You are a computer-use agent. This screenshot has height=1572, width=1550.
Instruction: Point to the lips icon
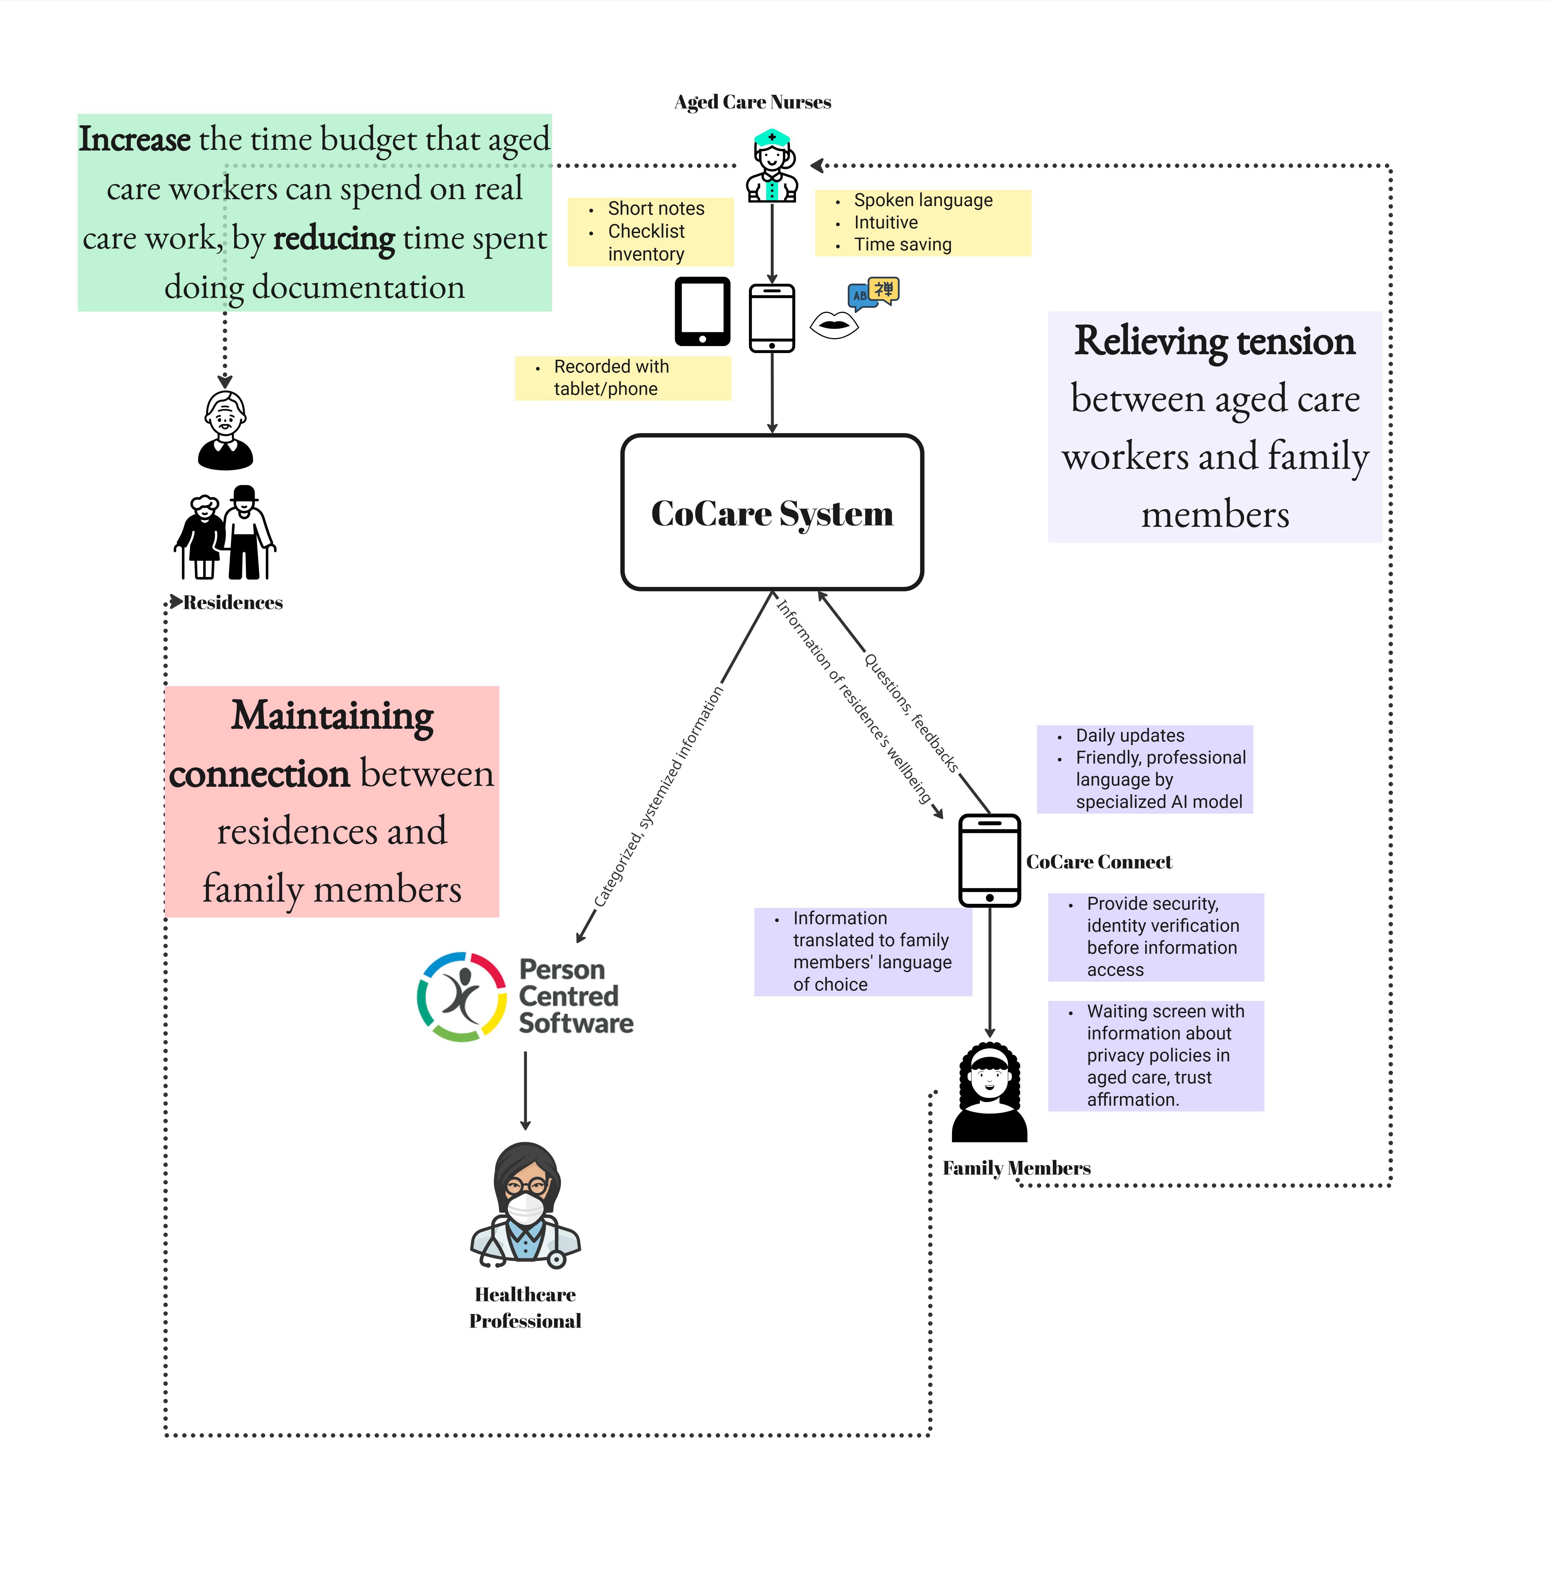pos(834,325)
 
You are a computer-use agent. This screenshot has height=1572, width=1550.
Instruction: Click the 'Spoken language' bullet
pos(922,200)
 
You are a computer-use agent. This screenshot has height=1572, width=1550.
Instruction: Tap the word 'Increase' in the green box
pos(134,139)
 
